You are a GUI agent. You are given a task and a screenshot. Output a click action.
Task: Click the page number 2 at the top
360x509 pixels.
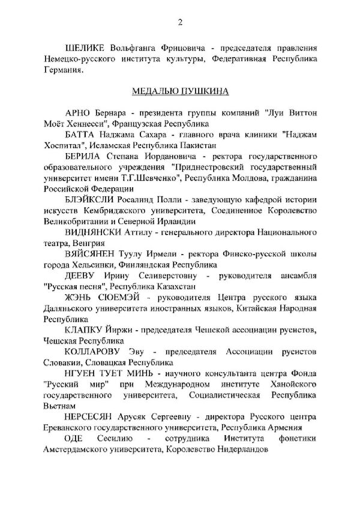coord(180,23)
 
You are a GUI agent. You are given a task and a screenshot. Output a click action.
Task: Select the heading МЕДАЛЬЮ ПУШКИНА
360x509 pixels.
coord(179,93)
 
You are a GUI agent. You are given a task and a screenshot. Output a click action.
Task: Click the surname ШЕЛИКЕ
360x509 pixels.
coord(85,47)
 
